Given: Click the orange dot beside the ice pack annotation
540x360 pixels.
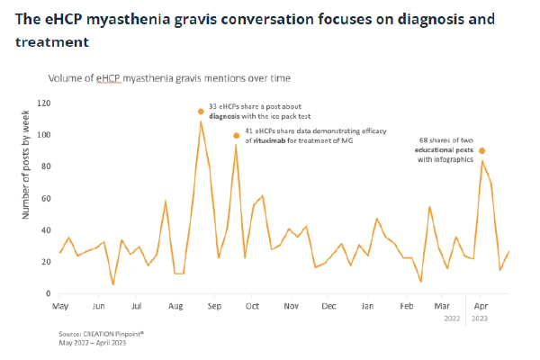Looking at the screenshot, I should (x=201, y=112).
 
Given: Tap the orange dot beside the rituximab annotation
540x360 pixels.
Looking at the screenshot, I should (x=237, y=136).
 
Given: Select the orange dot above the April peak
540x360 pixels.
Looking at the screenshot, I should (x=482, y=150).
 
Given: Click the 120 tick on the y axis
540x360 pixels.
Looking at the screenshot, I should (x=43, y=103).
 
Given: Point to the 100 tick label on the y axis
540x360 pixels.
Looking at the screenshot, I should (x=43, y=135).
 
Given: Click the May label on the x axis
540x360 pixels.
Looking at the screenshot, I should (x=61, y=308).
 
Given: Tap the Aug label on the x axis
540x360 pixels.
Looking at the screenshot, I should (x=175, y=308).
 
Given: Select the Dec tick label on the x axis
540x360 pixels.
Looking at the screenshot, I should (x=329, y=308).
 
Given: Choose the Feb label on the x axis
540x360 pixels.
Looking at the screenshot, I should (x=406, y=308).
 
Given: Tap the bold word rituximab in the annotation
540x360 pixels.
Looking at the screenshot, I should (x=269, y=142).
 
